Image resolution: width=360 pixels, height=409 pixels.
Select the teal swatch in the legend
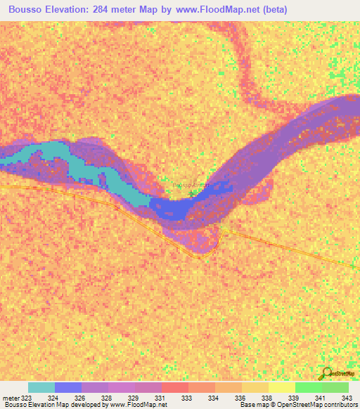[x=41, y=387]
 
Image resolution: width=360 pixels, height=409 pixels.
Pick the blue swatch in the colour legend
[x=68, y=387]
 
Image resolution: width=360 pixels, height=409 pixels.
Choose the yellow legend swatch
[x=282, y=387]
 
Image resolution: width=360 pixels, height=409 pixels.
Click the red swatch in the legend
[x=175, y=387]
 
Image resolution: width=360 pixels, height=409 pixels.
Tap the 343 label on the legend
[x=346, y=398]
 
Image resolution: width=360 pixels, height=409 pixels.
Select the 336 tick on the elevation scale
[x=240, y=398]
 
